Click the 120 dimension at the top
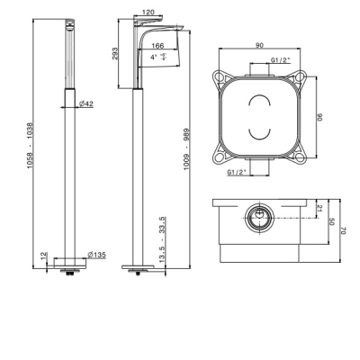[148, 12]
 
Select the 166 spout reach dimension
[157, 46]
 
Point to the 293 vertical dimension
[115, 54]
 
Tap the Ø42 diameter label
[86, 103]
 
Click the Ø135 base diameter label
[96, 255]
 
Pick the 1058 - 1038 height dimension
[31, 145]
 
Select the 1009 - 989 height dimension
[187, 149]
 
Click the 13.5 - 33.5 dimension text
[162, 239]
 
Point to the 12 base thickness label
[44, 256]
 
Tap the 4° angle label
[154, 57]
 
